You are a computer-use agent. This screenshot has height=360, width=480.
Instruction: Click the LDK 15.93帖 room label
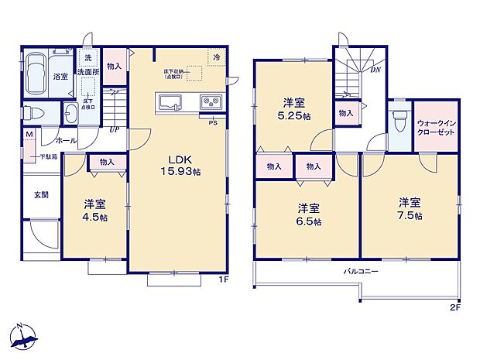[x=180, y=166]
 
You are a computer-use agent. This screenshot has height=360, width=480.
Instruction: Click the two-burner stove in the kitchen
[x=211, y=101]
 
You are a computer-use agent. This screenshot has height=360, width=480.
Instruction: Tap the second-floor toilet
[x=400, y=122]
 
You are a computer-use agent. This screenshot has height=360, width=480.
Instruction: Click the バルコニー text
[x=362, y=273]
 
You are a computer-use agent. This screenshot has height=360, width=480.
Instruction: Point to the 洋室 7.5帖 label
[x=410, y=208]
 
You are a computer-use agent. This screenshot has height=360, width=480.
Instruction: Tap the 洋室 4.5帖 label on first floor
[x=94, y=211]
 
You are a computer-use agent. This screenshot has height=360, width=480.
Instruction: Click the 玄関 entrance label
[x=41, y=195]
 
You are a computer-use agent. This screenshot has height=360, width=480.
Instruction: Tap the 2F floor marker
[x=454, y=307]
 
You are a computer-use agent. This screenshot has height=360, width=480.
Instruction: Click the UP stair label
[x=113, y=130]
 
